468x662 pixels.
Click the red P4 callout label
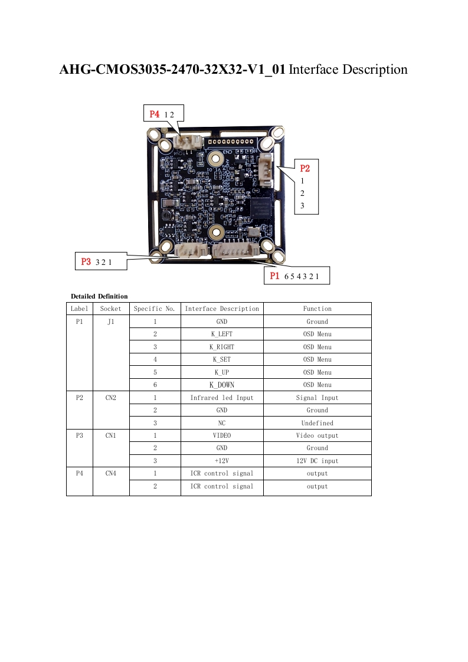click(155, 114)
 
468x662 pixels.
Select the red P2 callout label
click(305, 168)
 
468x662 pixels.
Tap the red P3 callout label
click(86, 261)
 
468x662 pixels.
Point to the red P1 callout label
click(274, 276)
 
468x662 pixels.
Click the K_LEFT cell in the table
click(222, 334)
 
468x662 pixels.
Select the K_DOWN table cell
click(222, 385)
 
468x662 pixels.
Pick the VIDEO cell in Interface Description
click(222, 435)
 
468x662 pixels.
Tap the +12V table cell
click(222, 461)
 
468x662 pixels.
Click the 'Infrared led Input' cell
click(222, 398)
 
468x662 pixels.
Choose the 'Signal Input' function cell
click(317, 398)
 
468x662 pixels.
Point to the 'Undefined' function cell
click(317, 423)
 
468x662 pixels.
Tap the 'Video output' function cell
click(317, 435)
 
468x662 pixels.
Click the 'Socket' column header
click(111, 309)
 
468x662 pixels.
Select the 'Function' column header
click(317, 309)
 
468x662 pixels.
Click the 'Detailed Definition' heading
click(99, 296)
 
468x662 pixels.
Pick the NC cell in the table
click(222, 423)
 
